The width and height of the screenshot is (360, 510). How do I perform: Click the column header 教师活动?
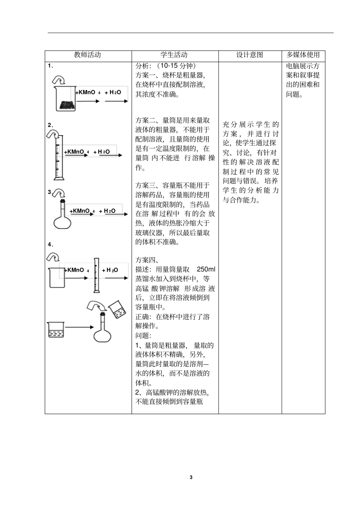[88, 55]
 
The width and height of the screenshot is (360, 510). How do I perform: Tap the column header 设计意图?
[250, 55]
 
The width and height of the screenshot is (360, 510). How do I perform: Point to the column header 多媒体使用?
[303, 55]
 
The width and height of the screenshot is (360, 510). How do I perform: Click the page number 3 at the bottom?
[191, 477]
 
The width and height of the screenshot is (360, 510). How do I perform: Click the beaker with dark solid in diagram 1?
[66, 100]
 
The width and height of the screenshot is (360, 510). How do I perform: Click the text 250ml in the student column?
[206, 269]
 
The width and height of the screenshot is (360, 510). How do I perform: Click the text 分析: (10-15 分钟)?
[166, 66]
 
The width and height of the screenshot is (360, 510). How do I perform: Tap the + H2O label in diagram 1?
[113, 92]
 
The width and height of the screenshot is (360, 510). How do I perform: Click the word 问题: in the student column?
[143, 336]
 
